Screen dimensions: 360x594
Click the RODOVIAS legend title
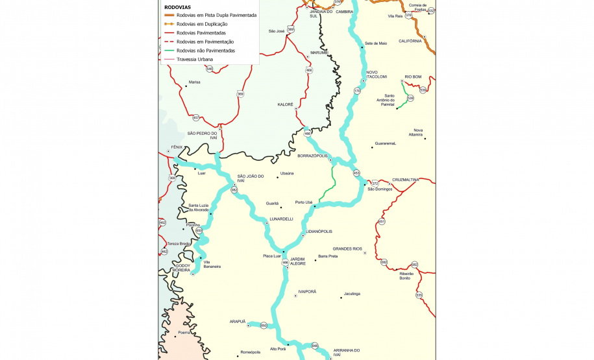click(177, 7)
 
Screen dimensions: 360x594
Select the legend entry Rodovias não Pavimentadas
click(205, 51)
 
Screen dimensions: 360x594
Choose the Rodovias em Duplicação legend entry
click(201, 24)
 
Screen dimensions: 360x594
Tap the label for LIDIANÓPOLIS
click(319, 232)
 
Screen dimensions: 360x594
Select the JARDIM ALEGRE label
click(297, 261)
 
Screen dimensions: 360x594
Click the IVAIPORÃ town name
click(307, 292)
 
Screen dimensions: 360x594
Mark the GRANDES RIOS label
click(347, 248)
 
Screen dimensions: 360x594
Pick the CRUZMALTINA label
click(406, 180)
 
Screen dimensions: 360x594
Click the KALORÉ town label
click(286, 104)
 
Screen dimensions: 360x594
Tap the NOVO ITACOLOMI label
click(377, 75)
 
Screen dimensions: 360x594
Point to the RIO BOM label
click(413, 77)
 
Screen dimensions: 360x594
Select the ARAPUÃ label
click(238, 321)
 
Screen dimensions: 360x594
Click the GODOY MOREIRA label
click(182, 267)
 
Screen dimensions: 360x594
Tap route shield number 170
click(357, 91)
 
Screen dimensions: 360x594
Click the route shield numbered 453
click(356, 173)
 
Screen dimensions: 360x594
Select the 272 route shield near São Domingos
click(375, 184)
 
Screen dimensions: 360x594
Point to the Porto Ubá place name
click(304, 202)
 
